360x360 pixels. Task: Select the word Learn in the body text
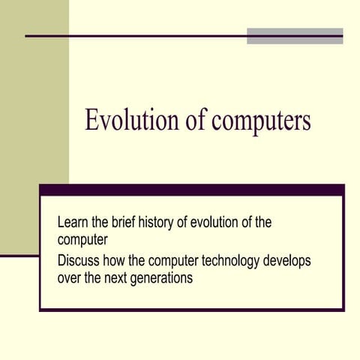(73, 223)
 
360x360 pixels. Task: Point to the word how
(121, 261)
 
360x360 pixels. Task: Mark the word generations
(166, 277)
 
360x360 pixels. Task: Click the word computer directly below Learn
(83, 240)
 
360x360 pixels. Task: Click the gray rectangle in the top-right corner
(295, 35)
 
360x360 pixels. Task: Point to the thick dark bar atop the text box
(191, 190)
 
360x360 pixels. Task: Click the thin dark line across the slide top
(135, 36)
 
